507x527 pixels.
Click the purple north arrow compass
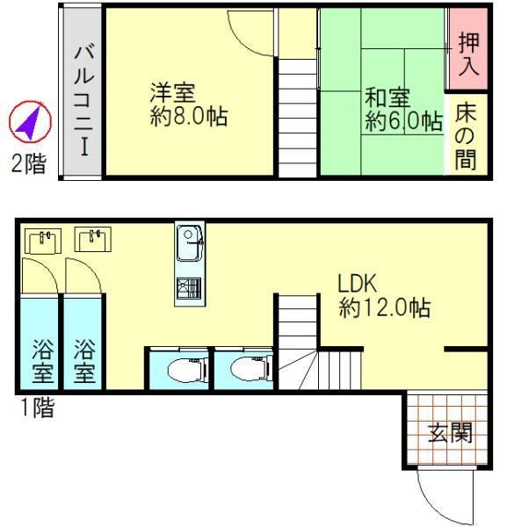tap(30, 122)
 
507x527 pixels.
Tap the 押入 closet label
tap(468, 54)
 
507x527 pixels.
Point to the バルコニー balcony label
tap(83, 101)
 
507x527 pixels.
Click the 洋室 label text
tap(173, 92)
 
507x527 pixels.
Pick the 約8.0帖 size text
tap(189, 116)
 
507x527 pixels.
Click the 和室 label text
tap(388, 97)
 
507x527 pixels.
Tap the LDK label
tap(358, 284)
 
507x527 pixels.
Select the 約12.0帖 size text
tap(385, 307)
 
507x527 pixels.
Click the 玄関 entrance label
tap(451, 432)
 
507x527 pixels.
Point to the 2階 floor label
tap(29, 163)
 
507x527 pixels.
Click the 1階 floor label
tap(37, 408)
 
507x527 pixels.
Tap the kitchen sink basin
tap(188, 242)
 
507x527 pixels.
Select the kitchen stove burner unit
tap(189, 289)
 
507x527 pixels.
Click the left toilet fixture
tap(186, 370)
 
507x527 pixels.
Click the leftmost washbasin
tap(43, 241)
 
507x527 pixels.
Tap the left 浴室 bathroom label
tap(43, 361)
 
